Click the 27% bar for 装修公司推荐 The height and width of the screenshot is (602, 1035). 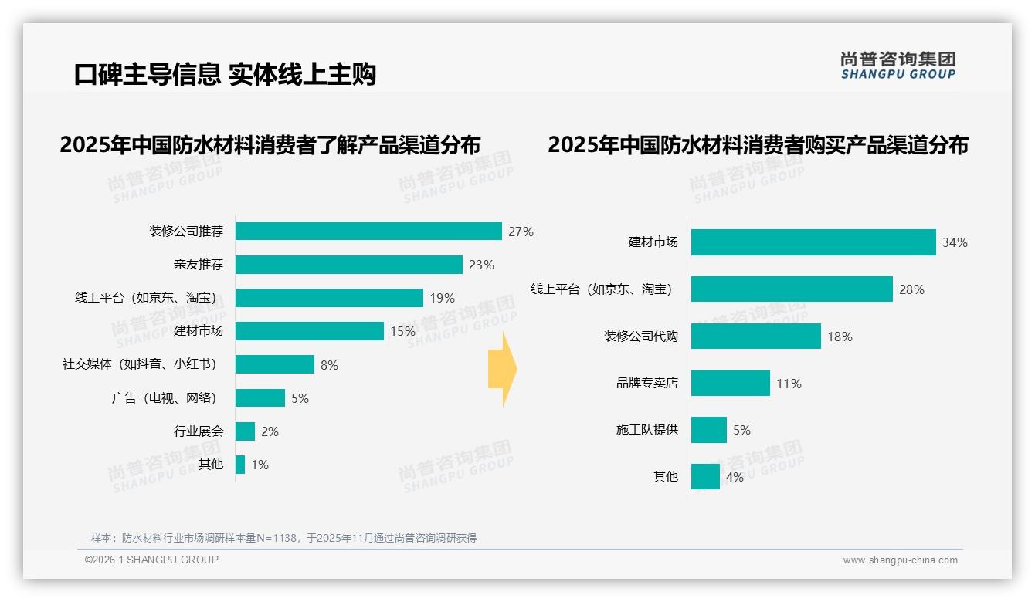click(368, 231)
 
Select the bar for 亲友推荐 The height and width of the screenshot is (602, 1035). click(348, 265)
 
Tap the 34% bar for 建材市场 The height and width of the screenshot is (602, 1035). click(813, 242)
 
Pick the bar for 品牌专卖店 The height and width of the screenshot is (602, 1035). click(730, 383)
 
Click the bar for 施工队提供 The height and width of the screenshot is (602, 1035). click(708, 430)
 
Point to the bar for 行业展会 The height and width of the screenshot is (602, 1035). click(245, 431)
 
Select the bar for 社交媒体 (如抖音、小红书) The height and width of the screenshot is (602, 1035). click(274, 364)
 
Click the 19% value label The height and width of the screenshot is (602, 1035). click(443, 298)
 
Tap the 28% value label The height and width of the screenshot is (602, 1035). click(911, 289)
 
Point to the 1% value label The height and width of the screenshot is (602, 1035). click(260, 465)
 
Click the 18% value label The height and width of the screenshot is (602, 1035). click(840, 337)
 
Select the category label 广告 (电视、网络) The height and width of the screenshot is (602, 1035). click(165, 398)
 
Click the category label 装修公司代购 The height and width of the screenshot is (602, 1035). click(640, 337)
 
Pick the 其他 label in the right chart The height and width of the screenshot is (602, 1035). click(665, 477)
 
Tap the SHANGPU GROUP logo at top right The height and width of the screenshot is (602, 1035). click(898, 66)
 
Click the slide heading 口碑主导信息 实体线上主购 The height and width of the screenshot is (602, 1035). click(225, 75)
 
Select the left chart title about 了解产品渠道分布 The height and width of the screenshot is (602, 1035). click(270, 145)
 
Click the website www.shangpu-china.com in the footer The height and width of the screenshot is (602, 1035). click(900, 560)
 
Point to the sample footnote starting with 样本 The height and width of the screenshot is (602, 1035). click(283, 538)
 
